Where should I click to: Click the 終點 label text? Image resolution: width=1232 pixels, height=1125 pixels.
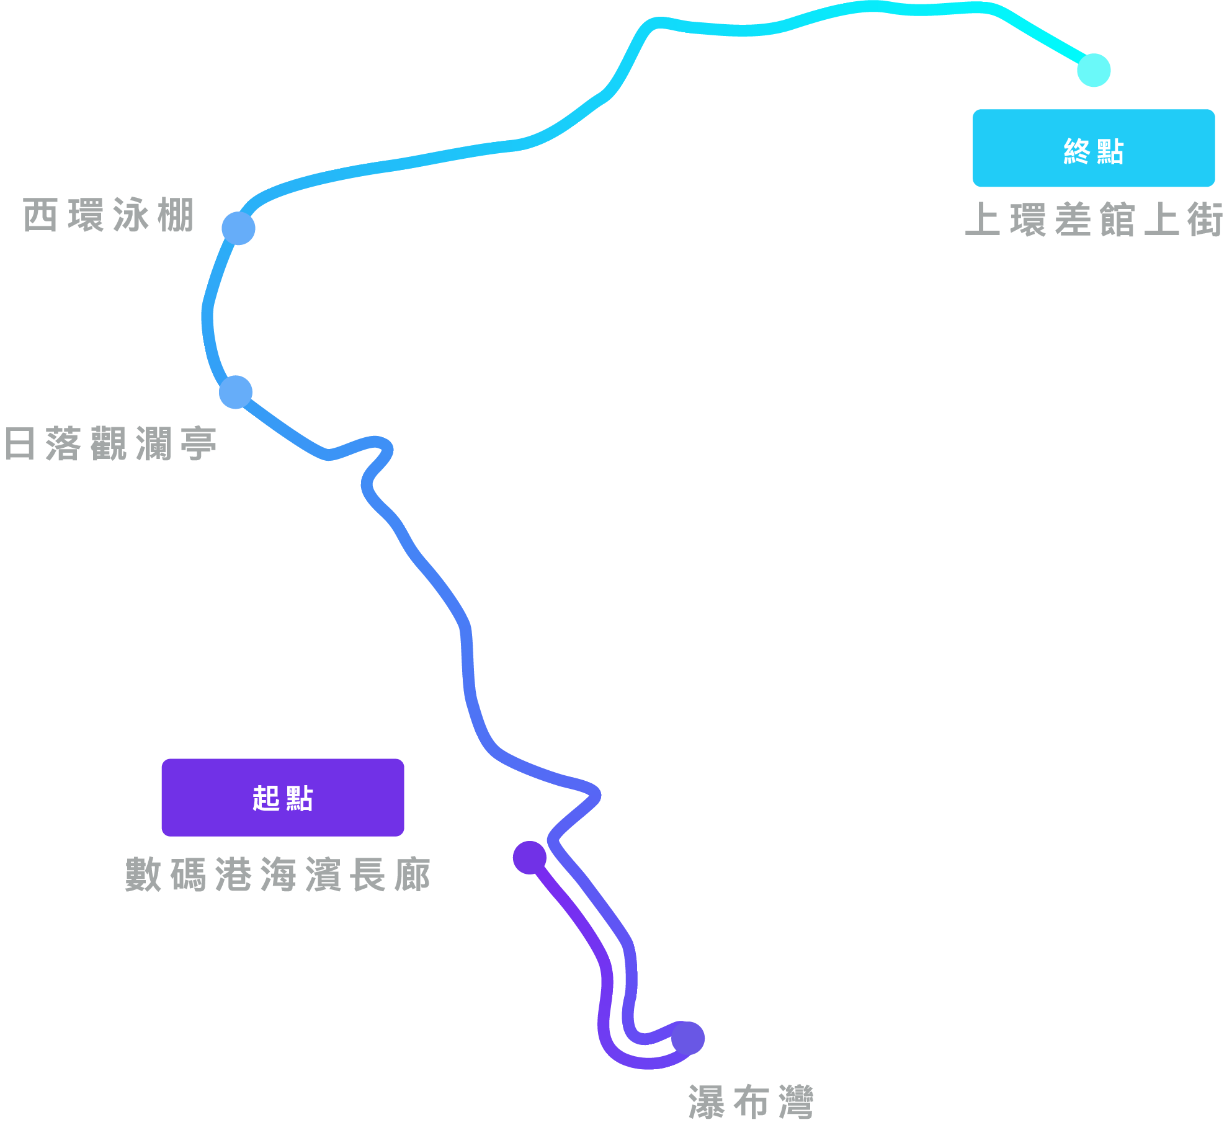point(1093,152)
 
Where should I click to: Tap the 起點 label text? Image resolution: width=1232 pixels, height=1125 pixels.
point(282,798)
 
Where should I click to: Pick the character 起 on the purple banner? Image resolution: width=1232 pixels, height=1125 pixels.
point(266,798)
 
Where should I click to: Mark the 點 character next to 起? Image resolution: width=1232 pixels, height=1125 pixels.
point(299,798)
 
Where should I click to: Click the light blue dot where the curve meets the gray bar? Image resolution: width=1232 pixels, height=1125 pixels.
point(238,228)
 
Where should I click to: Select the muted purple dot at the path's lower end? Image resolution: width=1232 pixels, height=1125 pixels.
point(688,1038)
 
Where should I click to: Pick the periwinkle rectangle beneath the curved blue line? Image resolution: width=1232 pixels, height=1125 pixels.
point(397,291)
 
